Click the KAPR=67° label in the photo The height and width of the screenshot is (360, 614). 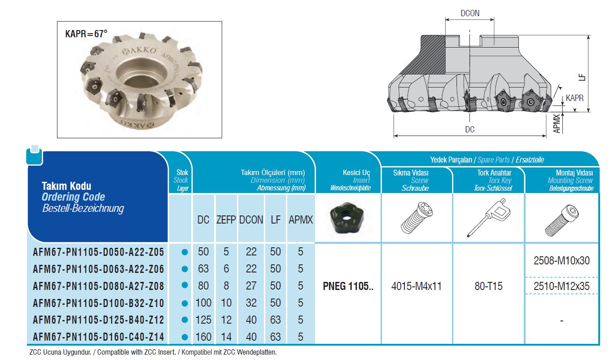(86, 34)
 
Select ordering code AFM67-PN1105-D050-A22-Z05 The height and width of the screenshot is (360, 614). (98, 252)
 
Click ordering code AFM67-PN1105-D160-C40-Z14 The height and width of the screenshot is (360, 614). (98, 337)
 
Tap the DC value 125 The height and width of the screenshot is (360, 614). (203, 320)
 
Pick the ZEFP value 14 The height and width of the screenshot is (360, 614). (226, 337)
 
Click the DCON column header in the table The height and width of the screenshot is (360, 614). (251, 220)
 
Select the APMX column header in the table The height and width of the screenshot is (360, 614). (301, 220)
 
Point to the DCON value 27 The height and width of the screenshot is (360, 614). (251, 285)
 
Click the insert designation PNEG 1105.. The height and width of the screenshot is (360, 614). (348, 286)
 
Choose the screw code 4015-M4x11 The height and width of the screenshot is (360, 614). (417, 286)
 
